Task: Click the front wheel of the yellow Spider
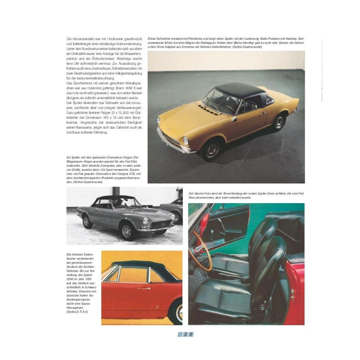coord(212,150)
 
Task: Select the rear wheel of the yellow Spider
coord(280,122)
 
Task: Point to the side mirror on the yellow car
coord(234,119)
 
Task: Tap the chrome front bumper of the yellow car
coord(174,143)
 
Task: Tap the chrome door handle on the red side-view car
coord(144,289)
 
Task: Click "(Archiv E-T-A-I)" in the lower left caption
coord(77,311)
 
